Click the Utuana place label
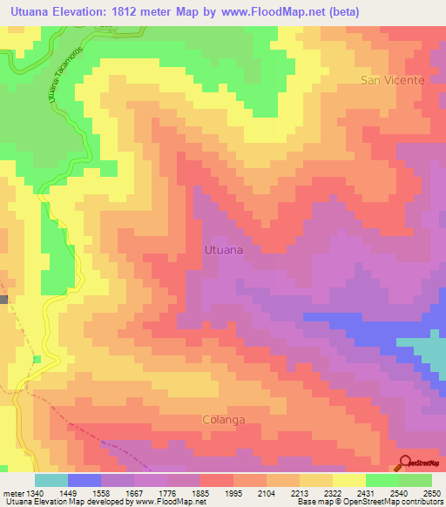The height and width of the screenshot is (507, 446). (223, 249)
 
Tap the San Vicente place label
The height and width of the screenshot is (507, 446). (393, 80)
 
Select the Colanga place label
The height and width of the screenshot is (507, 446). (223, 419)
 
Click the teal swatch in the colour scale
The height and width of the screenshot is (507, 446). (51, 480)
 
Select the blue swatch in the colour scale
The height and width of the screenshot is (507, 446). (84, 480)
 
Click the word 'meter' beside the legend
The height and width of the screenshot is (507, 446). (15, 492)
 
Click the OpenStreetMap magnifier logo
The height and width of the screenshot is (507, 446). (406, 463)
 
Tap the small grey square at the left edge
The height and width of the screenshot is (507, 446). (3, 299)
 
